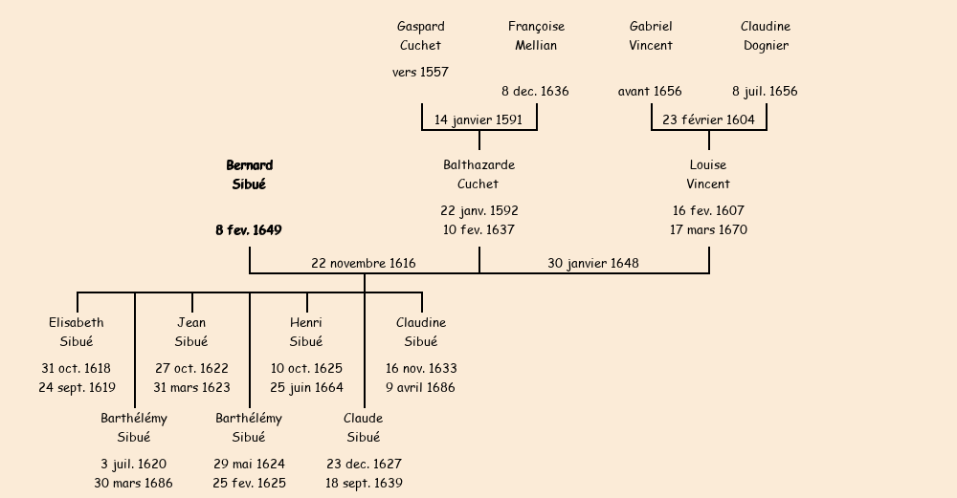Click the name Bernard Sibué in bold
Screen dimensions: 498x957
click(249, 175)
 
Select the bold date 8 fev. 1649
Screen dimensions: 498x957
click(249, 230)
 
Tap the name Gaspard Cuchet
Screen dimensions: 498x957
click(421, 36)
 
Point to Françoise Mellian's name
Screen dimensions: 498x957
click(536, 36)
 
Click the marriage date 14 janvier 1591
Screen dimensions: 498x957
click(478, 120)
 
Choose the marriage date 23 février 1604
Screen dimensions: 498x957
click(708, 120)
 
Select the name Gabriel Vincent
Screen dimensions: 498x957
click(651, 36)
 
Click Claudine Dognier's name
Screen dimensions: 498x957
click(766, 36)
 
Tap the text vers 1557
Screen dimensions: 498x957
click(420, 73)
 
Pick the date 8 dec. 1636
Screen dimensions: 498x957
click(535, 92)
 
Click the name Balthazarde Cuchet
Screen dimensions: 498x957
click(478, 175)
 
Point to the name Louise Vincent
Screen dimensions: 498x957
click(708, 175)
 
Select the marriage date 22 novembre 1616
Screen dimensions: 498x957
click(364, 263)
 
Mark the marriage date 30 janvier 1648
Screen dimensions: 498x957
click(593, 263)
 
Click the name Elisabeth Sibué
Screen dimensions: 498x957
click(77, 333)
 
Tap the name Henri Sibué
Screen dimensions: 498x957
click(306, 333)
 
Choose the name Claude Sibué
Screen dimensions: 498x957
click(364, 428)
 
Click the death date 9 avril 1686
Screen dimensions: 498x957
click(421, 388)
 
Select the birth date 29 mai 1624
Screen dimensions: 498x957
click(249, 465)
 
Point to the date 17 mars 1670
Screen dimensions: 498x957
click(708, 230)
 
